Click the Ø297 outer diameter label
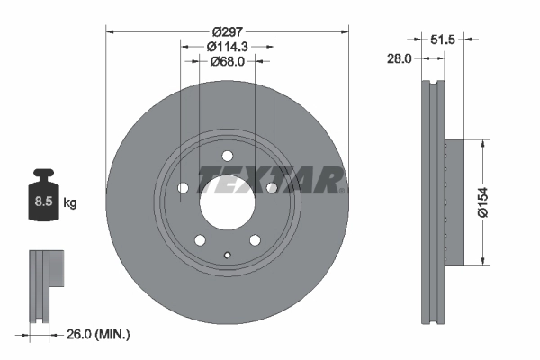[228, 32]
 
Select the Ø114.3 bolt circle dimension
[228, 47]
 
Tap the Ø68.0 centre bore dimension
[228, 61]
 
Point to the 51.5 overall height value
[443, 40]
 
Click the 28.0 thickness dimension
[399, 58]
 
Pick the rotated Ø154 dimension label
[483, 202]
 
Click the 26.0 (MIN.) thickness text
[98, 334]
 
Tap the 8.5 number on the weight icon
[43, 202]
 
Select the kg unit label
[70, 202]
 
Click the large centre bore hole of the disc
[228, 202]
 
